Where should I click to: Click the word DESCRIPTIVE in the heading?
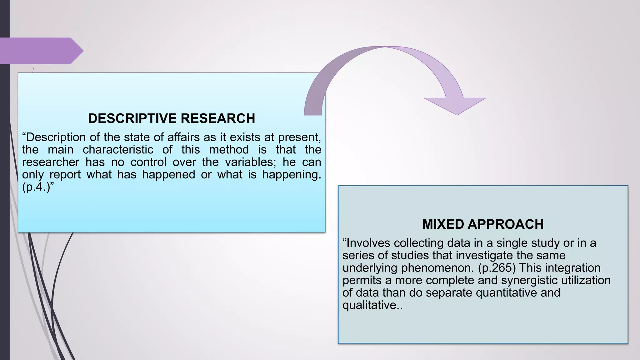(132, 119)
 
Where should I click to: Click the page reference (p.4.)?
(36, 187)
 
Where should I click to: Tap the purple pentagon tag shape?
(41, 51)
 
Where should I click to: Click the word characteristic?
(118, 150)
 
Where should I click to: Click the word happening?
(292, 175)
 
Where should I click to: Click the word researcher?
(51, 162)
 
